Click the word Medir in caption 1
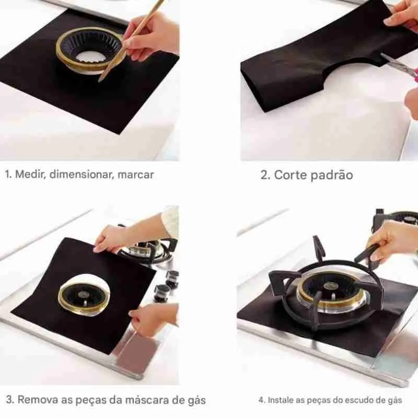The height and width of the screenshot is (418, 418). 30,175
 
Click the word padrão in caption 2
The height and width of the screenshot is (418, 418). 332,175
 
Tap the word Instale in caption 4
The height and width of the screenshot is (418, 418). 281,400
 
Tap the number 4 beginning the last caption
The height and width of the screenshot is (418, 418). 261,400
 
